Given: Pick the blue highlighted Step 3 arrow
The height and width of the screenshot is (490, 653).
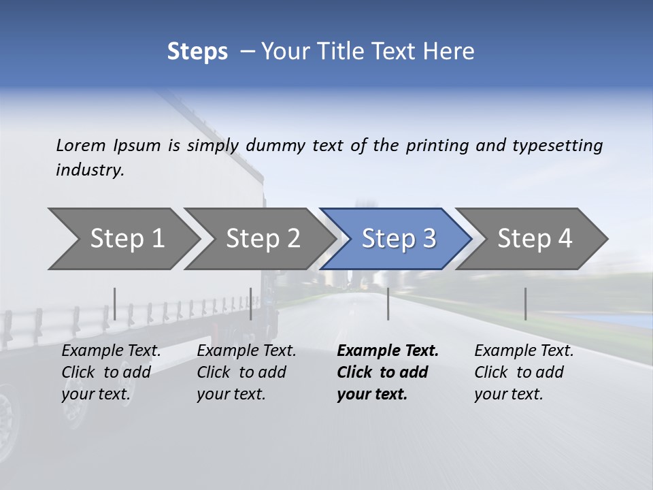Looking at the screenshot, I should [397, 239].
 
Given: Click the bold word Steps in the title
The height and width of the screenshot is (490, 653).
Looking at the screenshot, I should [197, 52].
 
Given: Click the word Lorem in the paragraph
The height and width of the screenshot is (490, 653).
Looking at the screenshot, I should [81, 145].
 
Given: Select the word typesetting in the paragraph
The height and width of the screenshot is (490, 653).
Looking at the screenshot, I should [557, 146].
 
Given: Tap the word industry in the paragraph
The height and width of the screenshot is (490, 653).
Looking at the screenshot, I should [90, 170].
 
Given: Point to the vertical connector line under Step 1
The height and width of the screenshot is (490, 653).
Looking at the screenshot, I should [115, 304].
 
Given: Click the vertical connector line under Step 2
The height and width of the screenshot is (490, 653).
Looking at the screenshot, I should [251, 304].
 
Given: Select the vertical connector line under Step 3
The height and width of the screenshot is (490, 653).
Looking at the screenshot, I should [388, 304].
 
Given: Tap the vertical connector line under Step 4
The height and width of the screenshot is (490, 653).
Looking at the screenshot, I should [525, 304].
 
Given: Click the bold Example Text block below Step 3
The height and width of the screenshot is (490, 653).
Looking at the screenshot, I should [388, 372].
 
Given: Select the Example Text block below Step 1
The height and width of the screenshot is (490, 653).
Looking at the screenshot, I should [111, 372].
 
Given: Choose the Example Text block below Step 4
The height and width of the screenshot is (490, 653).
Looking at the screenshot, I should [524, 372].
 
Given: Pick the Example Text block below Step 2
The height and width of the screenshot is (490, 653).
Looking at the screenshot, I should [246, 372].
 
